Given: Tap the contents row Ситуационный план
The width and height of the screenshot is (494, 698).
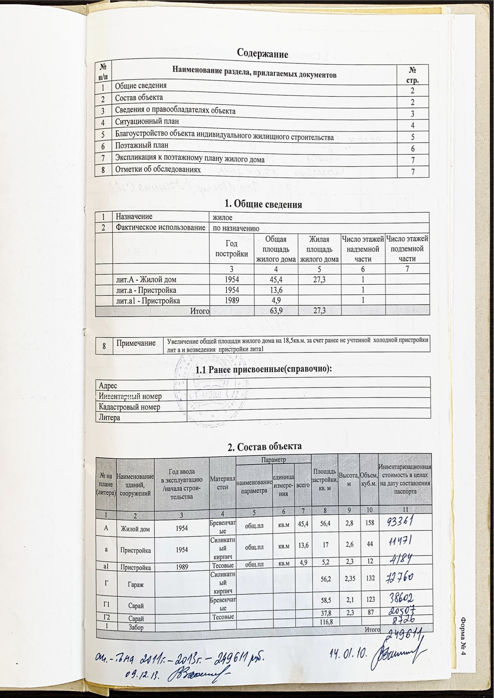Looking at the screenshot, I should click(x=147, y=122).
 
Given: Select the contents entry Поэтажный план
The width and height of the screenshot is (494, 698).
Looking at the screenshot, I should click(x=142, y=145).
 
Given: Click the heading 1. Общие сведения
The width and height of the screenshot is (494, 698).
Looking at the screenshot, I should click(x=263, y=204).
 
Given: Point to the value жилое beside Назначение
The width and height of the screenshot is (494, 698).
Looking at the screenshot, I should click(x=223, y=217).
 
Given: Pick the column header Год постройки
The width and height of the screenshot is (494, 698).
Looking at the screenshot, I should click(x=232, y=249).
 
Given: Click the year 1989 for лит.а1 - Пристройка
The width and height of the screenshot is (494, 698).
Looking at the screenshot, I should click(x=232, y=301).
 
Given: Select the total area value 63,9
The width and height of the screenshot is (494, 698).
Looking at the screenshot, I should click(x=276, y=311).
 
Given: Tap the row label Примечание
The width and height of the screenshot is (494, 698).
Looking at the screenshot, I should click(x=136, y=343).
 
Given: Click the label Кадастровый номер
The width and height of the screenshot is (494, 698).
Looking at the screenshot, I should click(x=130, y=407).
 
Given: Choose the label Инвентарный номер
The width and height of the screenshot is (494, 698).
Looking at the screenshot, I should click(x=130, y=396).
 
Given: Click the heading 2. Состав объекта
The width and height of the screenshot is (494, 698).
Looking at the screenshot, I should click(x=264, y=446).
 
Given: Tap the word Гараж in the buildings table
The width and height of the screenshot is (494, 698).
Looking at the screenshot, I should click(x=135, y=585).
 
